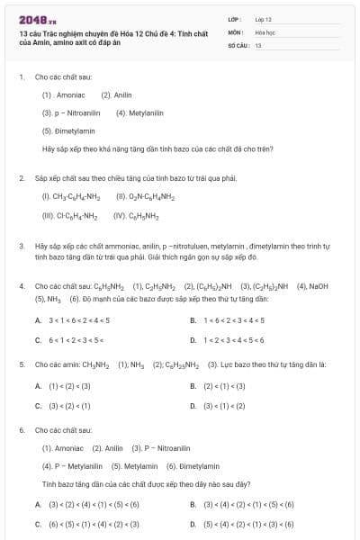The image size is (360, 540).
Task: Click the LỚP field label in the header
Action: point(235,18)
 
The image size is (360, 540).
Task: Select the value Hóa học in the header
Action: point(265,31)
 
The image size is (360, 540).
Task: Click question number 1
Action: point(21,77)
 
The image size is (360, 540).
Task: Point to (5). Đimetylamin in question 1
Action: point(68,130)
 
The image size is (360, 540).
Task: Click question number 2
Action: point(21,178)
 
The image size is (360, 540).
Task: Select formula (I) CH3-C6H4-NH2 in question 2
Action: point(71,196)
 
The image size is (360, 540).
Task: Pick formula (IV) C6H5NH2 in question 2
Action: point(136,216)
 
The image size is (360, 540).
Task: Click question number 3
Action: point(21,245)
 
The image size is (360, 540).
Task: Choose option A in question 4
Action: point(38,320)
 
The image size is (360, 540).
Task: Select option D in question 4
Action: point(193,340)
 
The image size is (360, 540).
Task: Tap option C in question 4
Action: point(38,340)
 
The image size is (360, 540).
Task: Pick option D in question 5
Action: point(193,405)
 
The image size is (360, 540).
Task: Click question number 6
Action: point(21,430)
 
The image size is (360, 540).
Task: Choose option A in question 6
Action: point(38,504)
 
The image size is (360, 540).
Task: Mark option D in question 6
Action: point(193,523)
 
